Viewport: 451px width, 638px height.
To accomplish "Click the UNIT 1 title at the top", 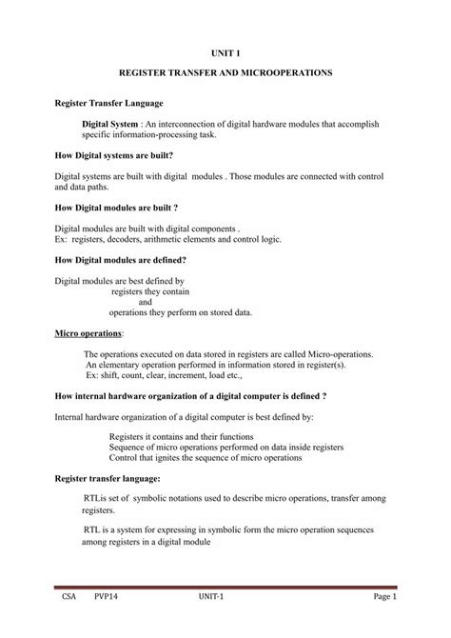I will (225, 55).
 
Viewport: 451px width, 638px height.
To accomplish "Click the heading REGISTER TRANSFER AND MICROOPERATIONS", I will (225, 73).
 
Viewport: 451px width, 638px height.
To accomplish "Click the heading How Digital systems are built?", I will (113, 152).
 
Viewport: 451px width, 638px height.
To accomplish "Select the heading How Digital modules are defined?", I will (119, 259).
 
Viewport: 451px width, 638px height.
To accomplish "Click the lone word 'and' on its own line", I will (146, 302).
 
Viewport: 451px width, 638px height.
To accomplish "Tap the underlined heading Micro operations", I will (88, 334).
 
